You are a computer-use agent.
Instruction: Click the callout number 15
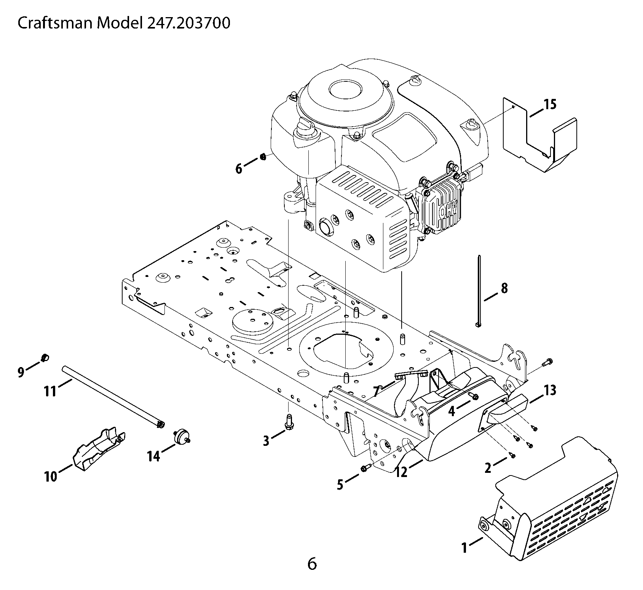pos(550,104)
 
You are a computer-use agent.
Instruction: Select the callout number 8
pos(504,289)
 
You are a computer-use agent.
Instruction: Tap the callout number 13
pos(550,390)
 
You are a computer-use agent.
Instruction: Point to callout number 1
pos(464,548)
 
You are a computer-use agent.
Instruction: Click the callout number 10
pos(51,476)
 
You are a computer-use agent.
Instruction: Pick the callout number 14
pos(154,456)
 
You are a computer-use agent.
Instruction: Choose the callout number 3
pos(266,441)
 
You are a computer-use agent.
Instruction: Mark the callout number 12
pos(401,472)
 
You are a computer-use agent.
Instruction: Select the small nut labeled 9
pos(45,357)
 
